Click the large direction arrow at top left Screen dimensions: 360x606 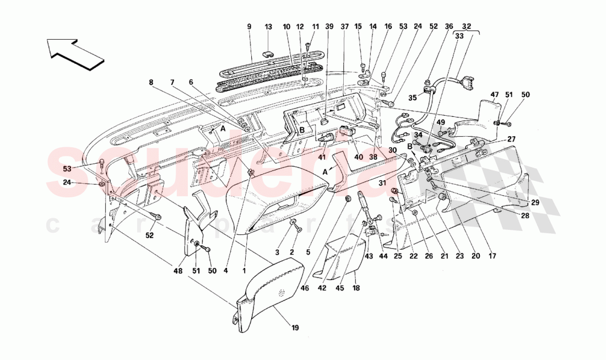pyautogui.click(x=75, y=53)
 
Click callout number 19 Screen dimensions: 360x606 pyautogui.click(x=295, y=328)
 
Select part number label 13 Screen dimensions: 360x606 pyautogui.click(x=268, y=26)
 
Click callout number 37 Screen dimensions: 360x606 pyautogui.click(x=345, y=26)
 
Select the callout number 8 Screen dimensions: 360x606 pyautogui.click(x=150, y=83)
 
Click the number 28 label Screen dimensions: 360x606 pyautogui.click(x=525, y=216)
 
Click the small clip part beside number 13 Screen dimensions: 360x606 pyautogui.click(x=268, y=53)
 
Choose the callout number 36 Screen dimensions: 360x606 pyautogui.click(x=449, y=26)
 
